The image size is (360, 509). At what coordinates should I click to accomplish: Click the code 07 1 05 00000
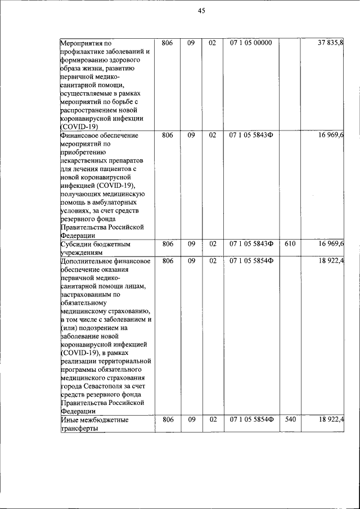250,43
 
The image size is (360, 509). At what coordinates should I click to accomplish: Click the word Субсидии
77,245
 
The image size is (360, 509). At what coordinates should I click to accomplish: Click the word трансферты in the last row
79,429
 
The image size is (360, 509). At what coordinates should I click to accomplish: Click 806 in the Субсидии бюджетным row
167,244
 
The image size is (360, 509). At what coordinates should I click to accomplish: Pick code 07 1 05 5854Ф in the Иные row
251,420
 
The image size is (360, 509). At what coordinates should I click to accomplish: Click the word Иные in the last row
69,420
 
